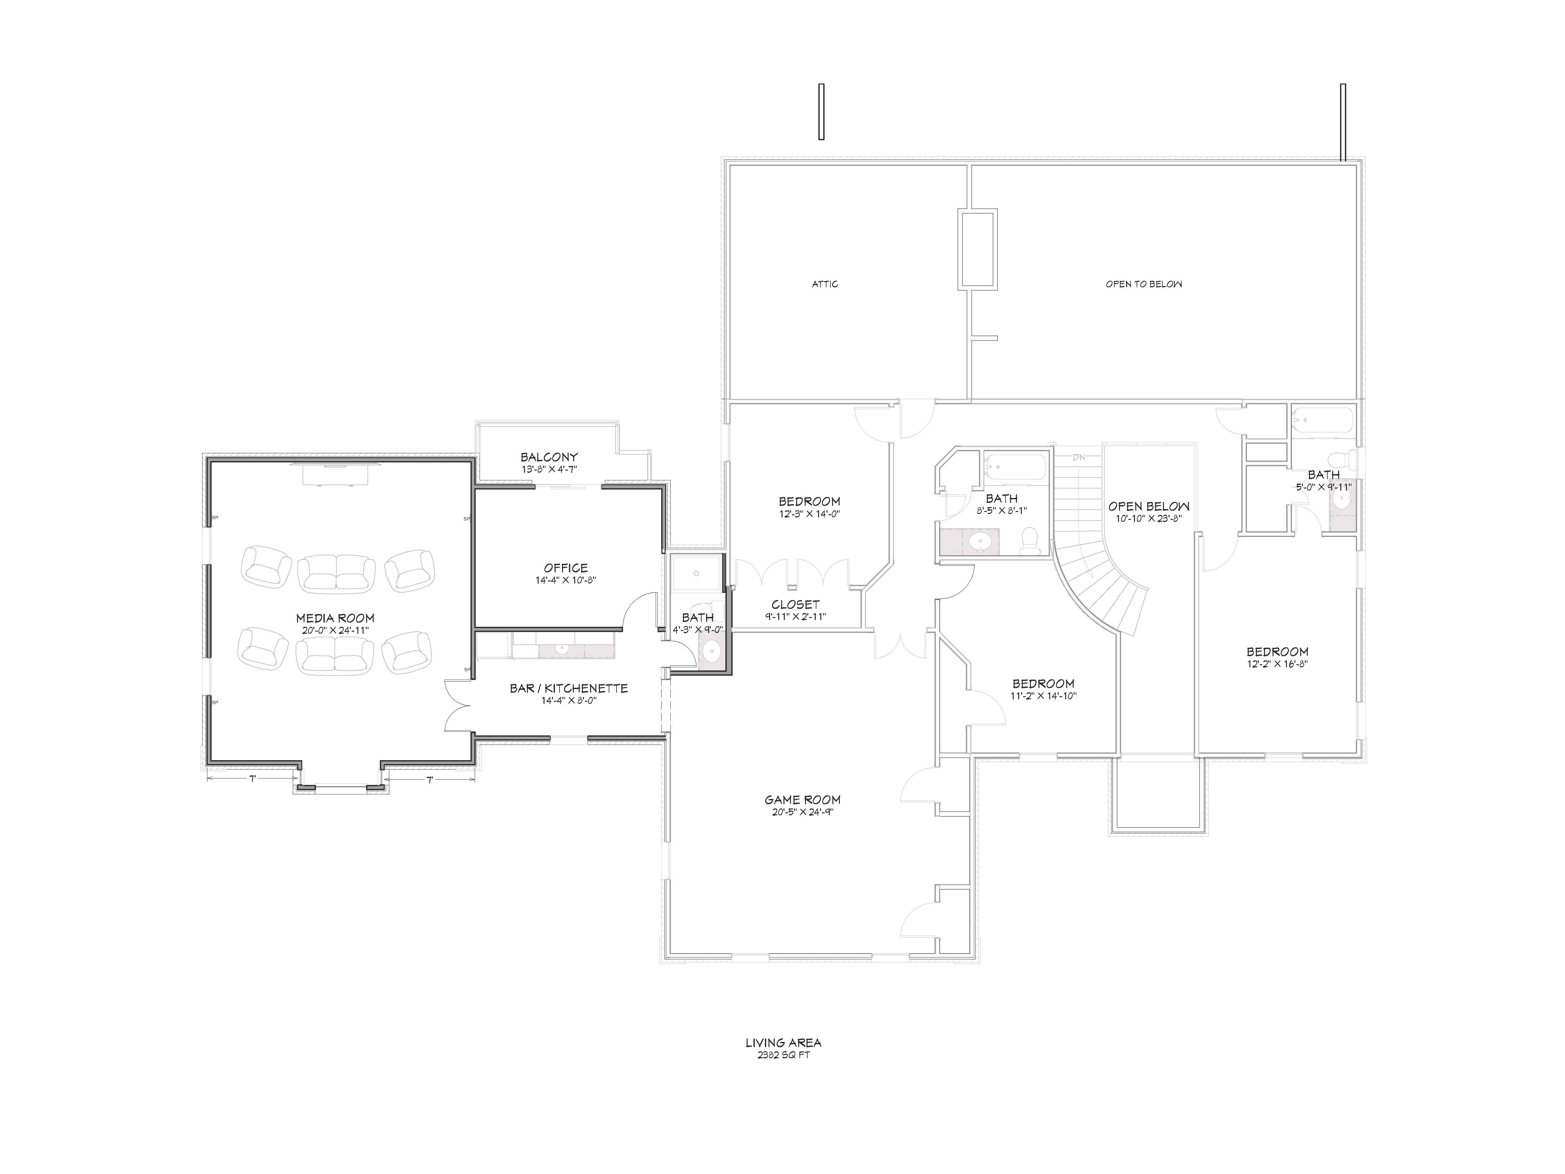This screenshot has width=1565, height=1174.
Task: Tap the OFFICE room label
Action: coord(566,567)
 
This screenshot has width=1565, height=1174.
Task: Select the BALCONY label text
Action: coord(549,457)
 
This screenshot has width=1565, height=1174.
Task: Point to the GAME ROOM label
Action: coord(802,800)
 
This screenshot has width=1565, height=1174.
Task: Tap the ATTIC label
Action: coord(825,284)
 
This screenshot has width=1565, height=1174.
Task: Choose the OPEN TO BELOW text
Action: coord(1144,284)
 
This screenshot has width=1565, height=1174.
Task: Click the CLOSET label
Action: coord(796,604)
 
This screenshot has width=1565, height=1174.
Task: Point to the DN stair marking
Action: coord(1078,457)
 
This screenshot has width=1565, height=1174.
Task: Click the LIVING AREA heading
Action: coord(783,1042)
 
